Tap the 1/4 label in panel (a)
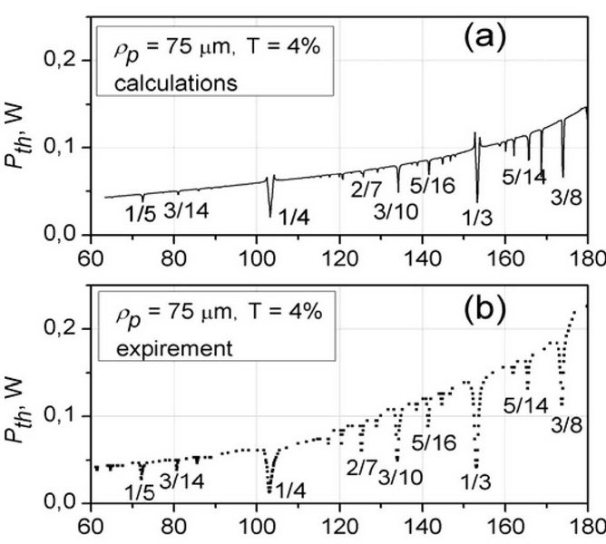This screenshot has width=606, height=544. (x=295, y=216)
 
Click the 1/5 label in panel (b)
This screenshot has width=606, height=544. (x=139, y=492)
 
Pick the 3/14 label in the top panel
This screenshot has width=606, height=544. (x=184, y=210)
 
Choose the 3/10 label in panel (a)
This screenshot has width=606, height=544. (x=393, y=210)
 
